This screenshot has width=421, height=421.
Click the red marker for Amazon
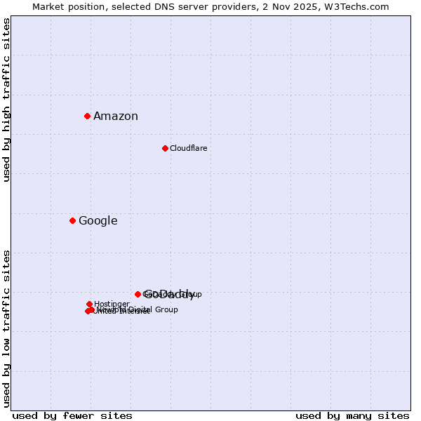(87, 116)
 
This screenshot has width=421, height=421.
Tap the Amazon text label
(116, 116)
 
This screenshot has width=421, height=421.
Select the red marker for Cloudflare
(165, 148)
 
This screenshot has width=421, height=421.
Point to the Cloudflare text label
(188, 148)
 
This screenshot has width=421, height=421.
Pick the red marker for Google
(72, 220)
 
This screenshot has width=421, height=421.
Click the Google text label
(98, 221)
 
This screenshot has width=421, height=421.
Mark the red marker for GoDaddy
(138, 294)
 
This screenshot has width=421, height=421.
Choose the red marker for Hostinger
(89, 304)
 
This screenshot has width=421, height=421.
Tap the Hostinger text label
(112, 304)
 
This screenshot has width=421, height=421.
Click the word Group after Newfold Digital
(166, 309)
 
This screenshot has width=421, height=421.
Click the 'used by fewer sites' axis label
(72, 415)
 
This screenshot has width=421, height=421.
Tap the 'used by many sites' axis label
(352, 415)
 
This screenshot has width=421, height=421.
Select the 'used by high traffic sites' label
(7, 100)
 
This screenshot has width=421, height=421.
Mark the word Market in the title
(49, 6)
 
